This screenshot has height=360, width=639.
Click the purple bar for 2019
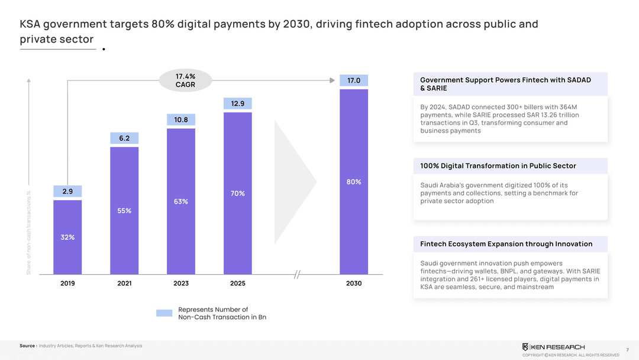(x=67, y=237)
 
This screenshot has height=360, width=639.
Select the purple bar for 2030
(x=354, y=181)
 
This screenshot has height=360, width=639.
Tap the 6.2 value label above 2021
(x=124, y=139)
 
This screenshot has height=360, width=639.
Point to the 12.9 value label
(x=237, y=104)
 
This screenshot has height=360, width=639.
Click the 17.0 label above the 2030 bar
(x=354, y=81)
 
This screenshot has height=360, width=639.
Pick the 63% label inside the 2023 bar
(x=181, y=201)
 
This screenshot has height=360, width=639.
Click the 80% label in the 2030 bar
(x=354, y=182)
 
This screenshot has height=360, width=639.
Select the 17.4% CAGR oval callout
(x=185, y=81)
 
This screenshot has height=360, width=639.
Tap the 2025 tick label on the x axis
(x=237, y=284)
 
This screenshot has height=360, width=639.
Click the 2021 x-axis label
(x=124, y=284)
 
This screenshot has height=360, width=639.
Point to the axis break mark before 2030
(x=298, y=274)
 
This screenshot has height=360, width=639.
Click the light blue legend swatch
(x=164, y=313)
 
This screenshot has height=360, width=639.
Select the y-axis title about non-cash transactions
(x=28, y=232)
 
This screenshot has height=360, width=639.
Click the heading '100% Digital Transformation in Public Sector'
(x=498, y=166)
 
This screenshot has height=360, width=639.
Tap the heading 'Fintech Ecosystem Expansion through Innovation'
(x=506, y=244)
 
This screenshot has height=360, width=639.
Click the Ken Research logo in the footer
(x=553, y=346)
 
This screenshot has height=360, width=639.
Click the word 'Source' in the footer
(x=28, y=346)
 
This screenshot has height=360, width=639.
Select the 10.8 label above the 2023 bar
(x=181, y=120)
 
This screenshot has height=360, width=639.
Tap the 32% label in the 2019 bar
(x=67, y=237)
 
